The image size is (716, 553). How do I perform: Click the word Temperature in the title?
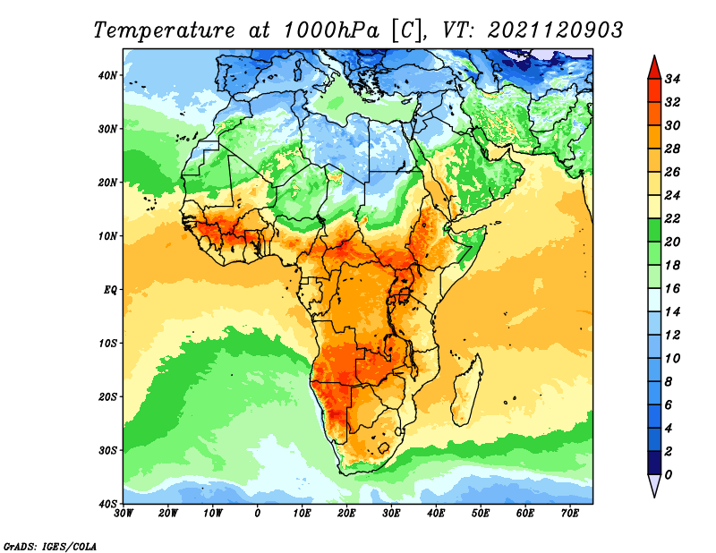click(164, 30)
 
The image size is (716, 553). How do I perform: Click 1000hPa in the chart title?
click(331, 30)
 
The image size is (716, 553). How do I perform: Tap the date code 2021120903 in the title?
click(555, 30)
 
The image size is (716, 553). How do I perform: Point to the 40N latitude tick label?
click(107, 75)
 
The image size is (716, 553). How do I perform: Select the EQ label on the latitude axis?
click(110, 290)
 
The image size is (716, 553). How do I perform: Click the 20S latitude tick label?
click(107, 396)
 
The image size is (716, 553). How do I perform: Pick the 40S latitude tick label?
click(107, 504)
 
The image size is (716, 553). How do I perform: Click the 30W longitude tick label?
click(124, 514)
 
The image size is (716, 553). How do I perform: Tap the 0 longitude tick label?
click(258, 514)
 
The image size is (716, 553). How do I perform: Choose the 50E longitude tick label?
click(481, 514)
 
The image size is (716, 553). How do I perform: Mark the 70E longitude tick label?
click(570, 514)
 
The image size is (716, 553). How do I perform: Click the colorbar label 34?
click(672, 79)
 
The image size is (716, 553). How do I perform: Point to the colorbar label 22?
click(672, 218)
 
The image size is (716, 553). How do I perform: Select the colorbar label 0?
click(669, 475)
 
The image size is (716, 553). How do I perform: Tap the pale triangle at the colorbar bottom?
click(654, 484)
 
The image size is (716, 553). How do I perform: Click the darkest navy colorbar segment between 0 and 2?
click(654, 463)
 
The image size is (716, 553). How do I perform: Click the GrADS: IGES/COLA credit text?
click(50, 547)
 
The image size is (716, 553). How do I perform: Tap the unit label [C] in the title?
click(406, 30)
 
